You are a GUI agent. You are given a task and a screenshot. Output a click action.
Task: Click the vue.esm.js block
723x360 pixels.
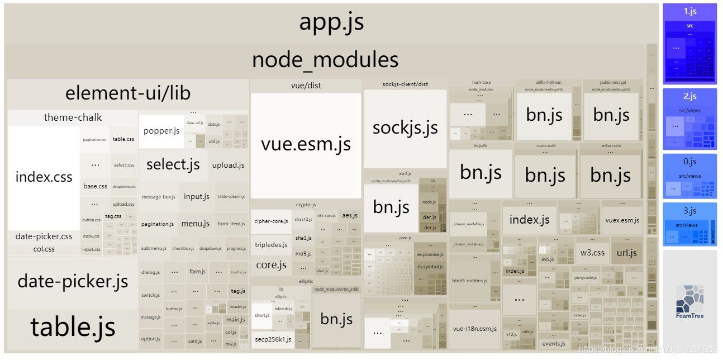306,145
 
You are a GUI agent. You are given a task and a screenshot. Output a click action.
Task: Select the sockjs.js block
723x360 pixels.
405,128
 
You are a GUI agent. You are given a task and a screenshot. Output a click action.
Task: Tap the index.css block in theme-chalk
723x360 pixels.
44,177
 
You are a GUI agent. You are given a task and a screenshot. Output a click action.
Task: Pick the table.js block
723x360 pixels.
73,327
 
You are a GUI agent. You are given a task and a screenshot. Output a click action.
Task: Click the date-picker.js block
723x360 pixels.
73,281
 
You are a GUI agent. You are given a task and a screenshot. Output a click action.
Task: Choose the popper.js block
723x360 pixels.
161,131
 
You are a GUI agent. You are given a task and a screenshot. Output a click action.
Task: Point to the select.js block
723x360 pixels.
173,164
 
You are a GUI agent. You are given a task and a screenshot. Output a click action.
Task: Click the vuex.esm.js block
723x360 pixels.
622,220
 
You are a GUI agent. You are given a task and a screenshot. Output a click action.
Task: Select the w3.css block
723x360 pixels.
592,252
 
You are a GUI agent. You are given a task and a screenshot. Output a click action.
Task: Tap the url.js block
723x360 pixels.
627,252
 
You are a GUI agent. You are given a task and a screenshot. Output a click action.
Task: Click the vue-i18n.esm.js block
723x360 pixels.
475,329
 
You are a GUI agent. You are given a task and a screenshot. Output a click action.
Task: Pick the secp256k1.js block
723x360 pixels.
273,339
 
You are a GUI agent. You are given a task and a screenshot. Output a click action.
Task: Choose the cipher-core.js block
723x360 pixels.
271,221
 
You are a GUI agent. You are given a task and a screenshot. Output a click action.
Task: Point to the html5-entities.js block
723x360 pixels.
469,281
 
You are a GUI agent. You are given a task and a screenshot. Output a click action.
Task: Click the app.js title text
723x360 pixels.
331,22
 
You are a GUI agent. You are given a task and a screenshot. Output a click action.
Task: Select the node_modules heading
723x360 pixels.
325,60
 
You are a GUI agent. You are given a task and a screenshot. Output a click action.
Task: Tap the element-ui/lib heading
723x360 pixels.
128,93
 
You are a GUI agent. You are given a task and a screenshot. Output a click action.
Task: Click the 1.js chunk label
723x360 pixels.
689,11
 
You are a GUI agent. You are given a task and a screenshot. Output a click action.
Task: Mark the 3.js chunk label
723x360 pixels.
689,211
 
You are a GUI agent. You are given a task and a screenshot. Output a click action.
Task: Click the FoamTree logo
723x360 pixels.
689,302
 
